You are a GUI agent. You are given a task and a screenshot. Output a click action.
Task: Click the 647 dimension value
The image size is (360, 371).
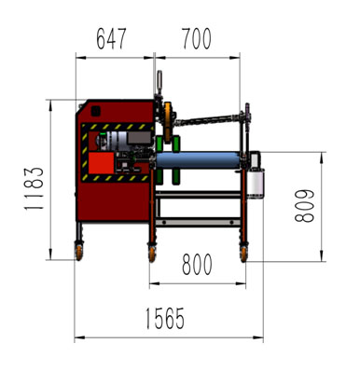(111, 39)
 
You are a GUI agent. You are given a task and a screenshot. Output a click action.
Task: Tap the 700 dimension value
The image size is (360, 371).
(197, 39)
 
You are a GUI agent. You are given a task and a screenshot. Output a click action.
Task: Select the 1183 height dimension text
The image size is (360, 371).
(34, 188)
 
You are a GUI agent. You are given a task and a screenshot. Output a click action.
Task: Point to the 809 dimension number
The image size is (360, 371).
(304, 206)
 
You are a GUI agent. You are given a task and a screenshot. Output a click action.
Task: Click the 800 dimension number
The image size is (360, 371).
(197, 264)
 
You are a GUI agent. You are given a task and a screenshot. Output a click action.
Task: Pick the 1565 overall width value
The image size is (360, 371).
(165, 318)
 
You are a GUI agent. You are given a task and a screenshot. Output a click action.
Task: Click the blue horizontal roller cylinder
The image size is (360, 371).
(198, 160)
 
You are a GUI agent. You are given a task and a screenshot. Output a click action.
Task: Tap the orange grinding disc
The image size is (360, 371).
(168, 123)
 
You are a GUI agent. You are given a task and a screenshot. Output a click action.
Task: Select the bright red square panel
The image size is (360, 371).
(102, 163)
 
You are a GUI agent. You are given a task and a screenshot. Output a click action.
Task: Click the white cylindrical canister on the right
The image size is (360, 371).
(256, 183)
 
